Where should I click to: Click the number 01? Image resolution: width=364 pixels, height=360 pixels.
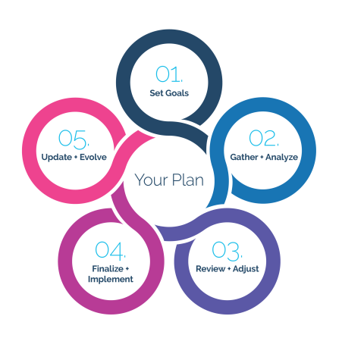[x=169, y=74]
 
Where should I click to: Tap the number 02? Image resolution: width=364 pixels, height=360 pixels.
[x=264, y=138]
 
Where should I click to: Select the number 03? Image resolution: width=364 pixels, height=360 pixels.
[x=227, y=251]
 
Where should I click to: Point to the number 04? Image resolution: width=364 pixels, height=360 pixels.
[x=111, y=251]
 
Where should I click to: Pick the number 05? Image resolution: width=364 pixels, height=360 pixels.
[x=74, y=139]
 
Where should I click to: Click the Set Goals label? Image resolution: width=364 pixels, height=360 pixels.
[x=169, y=93]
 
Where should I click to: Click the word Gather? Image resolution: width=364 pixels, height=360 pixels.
[x=244, y=157]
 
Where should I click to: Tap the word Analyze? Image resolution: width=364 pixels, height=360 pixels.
[x=281, y=158]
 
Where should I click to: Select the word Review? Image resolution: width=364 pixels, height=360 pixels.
[x=210, y=269]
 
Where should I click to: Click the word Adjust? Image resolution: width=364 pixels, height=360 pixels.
[x=246, y=269]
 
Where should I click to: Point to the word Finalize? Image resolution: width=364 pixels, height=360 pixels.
[x=108, y=269]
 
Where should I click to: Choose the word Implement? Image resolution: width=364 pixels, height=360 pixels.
[x=111, y=280]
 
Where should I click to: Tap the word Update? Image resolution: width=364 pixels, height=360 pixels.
[x=57, y=158]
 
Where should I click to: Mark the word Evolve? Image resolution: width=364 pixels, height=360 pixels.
[x=93, y=157]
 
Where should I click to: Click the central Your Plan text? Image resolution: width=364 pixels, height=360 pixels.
[x=169, y=180]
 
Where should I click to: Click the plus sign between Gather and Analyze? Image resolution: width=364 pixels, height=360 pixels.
[x=262, y=157]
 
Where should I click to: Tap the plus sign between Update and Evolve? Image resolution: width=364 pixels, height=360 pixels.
[x=76, y=157]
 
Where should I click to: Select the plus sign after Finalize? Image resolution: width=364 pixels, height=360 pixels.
[x=127, y=269]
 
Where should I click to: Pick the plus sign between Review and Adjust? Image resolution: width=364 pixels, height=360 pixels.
[x=229, y=269]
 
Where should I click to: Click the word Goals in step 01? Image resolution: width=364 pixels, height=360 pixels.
[x=177, y=93]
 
